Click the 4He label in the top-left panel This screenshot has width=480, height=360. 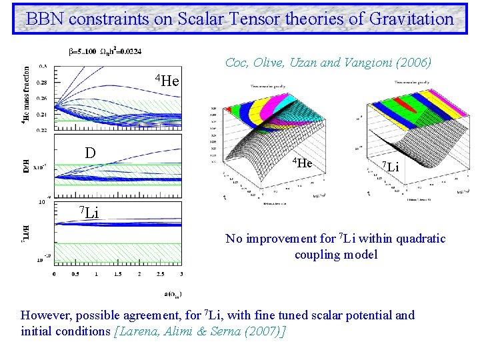click(x=167, y=81)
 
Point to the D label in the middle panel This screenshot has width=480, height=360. click(x=91, y=153)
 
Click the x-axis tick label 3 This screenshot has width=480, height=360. click(x=181, y=274)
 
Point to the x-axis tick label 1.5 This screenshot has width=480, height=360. click(x=118, y=274)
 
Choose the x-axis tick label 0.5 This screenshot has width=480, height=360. click(x=75, y=274)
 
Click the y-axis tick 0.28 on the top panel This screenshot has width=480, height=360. click(x=43, y=83)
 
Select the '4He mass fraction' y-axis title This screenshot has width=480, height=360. click(x=26, y=97)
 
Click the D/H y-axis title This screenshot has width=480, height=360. click(x=26, y=165)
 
